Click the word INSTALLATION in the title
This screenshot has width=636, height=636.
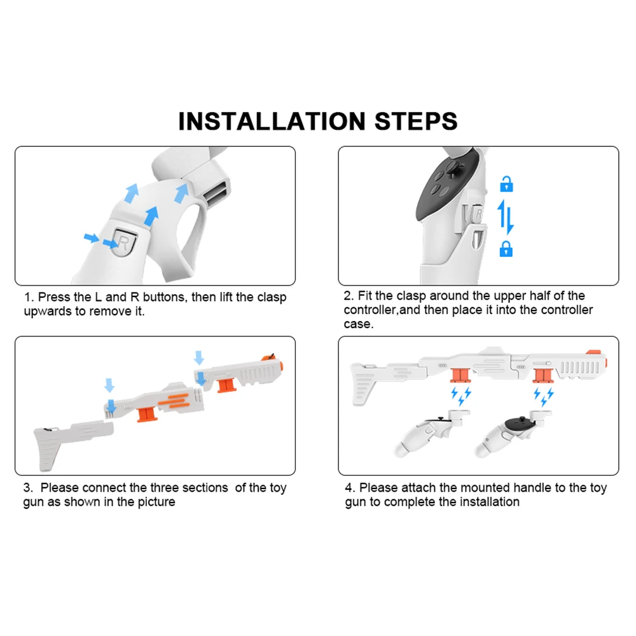point(272,121)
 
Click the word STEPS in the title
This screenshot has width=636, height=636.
point(416,121)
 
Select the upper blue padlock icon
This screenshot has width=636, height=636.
point(506,184)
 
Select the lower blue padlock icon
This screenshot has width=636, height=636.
point(506,249)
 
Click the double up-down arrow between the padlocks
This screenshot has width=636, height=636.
point(506,217)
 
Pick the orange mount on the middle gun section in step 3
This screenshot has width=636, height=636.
point(148,415)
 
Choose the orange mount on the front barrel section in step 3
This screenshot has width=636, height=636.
point(227,385)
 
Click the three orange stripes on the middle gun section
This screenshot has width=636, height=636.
point(174,401)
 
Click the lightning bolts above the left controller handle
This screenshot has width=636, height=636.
point(461,396)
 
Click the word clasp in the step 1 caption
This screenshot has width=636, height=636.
point(272,297)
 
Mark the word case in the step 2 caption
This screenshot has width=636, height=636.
point(357,324)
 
